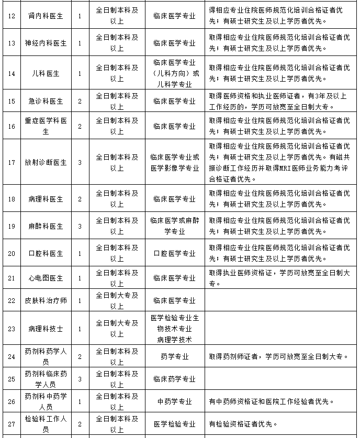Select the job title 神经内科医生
coord(46,43)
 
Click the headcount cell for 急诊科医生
coord(80,101)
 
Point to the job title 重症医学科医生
coord(46,126)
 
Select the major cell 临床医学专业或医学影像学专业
coord(174,162)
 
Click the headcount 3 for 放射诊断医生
coord(80,162)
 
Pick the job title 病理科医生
coord(46,199)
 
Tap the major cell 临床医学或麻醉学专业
coord(174,226)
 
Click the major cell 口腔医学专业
coord(174,253)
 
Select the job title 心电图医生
coord(46,278)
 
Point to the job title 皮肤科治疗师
coord(46,301)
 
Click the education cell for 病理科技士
coord(117,329)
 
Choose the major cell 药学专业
coord(174,356)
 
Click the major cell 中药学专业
coord(174,401)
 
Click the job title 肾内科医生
coord(46,16)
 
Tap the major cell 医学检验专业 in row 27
coord(174,424)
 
